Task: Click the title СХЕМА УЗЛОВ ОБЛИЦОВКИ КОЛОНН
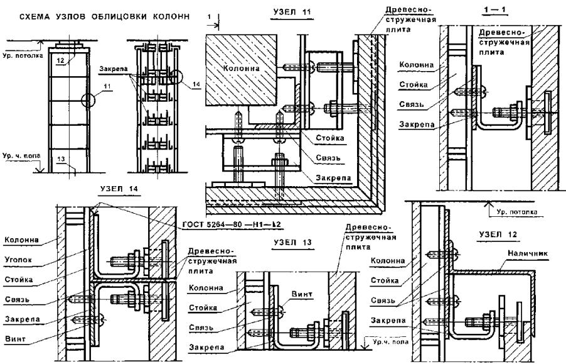97,15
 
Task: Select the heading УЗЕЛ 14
119,189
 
